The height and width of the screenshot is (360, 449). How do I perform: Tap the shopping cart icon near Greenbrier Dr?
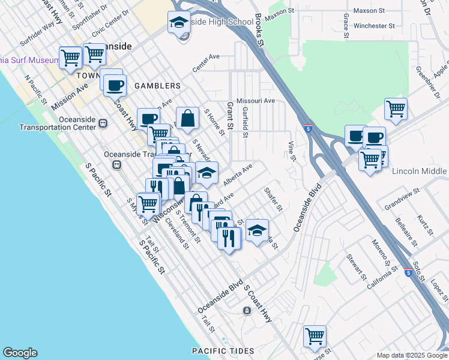click(396, 110)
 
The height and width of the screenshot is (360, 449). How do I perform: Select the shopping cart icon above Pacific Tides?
click(315, 337)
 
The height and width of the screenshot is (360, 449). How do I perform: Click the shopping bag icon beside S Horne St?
click(187, 118)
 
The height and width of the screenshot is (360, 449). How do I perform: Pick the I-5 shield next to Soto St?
click(408, 271)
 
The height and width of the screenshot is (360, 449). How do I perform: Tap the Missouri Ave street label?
click(256, 101)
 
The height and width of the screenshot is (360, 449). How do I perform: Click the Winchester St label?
click(374, 26)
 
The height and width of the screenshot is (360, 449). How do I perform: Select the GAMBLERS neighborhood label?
click(158, 86)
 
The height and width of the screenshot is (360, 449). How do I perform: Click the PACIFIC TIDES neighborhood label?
click(223, 350)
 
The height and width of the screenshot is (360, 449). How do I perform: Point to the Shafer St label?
click(273, 200)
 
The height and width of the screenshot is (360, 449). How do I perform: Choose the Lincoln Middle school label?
click(420, 171)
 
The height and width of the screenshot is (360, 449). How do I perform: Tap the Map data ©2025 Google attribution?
click(412, 355)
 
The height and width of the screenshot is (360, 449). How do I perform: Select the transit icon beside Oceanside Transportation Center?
click(103, 123)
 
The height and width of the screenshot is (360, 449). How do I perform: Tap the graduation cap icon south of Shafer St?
click(257, 230)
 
